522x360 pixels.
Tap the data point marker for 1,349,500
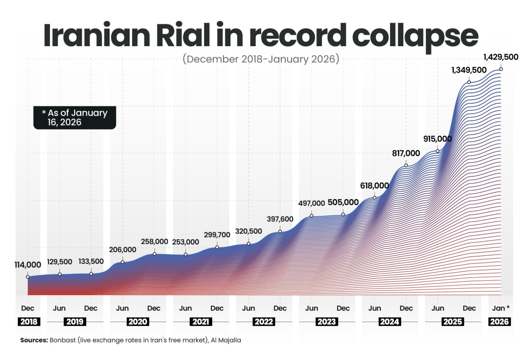(x=469, y=82)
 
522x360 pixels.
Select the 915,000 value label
(x=437, y=139)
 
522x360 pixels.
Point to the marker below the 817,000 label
(x=406, y=165)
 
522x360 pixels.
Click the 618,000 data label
(x=375, y=185)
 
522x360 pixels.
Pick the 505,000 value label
(x=344, y=202)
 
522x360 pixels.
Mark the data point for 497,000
(x=311, y=215)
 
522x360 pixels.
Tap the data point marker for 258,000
(x=154, y=254)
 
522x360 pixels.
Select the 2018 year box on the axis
(x=28, y=322)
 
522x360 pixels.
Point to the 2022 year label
(x=264, y=322)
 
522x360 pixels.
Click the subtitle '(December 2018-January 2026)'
(x=261, y=59)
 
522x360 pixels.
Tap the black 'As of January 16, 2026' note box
(x=75, y=118)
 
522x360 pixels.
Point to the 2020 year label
(x=138, y=322)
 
